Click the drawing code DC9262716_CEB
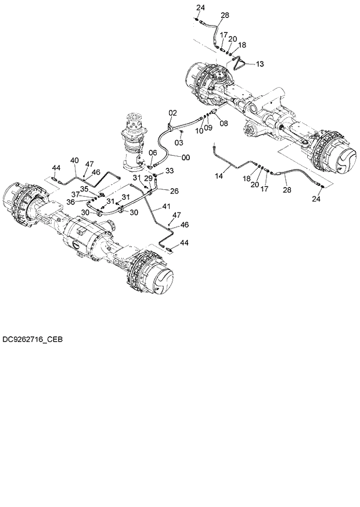pos(32,338)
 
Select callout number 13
pos(259,63)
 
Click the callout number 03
pos(179,142)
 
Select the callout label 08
pos(224,123)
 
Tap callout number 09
pos(208,128)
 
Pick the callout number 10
pos(199,131)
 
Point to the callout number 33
pos(170,170)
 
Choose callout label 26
pos(174,190)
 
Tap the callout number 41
pos(167,206)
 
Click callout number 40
pos(74,160)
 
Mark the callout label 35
pos(84,188)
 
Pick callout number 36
pos(71,202)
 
